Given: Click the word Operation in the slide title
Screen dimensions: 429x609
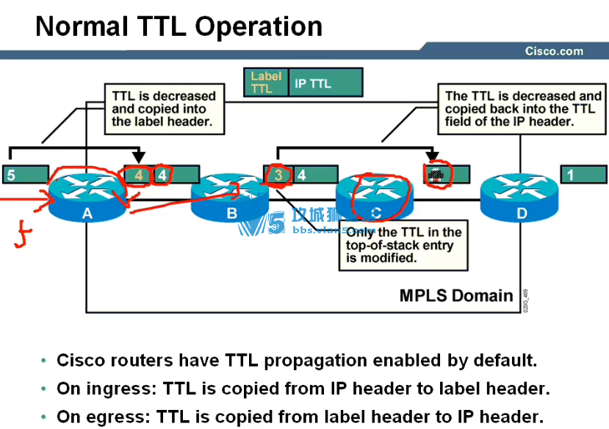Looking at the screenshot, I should [259, 27].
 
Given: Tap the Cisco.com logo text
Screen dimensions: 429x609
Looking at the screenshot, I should [553, 51].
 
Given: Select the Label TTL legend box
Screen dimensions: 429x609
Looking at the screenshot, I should [265, 82].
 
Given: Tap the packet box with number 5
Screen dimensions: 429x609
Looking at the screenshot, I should [25, 175].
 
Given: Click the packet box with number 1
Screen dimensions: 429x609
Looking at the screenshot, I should [584, 175].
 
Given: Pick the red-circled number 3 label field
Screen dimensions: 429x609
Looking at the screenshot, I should [278, 175].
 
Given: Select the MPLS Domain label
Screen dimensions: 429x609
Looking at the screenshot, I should [455, 296].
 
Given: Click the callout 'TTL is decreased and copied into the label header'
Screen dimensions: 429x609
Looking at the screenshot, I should [163, 109].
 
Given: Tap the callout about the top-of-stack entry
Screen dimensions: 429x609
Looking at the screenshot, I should [403, 245].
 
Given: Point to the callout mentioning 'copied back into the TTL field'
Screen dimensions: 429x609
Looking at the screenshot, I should [522, 109].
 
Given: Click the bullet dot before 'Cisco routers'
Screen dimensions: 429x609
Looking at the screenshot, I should [45, 361].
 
